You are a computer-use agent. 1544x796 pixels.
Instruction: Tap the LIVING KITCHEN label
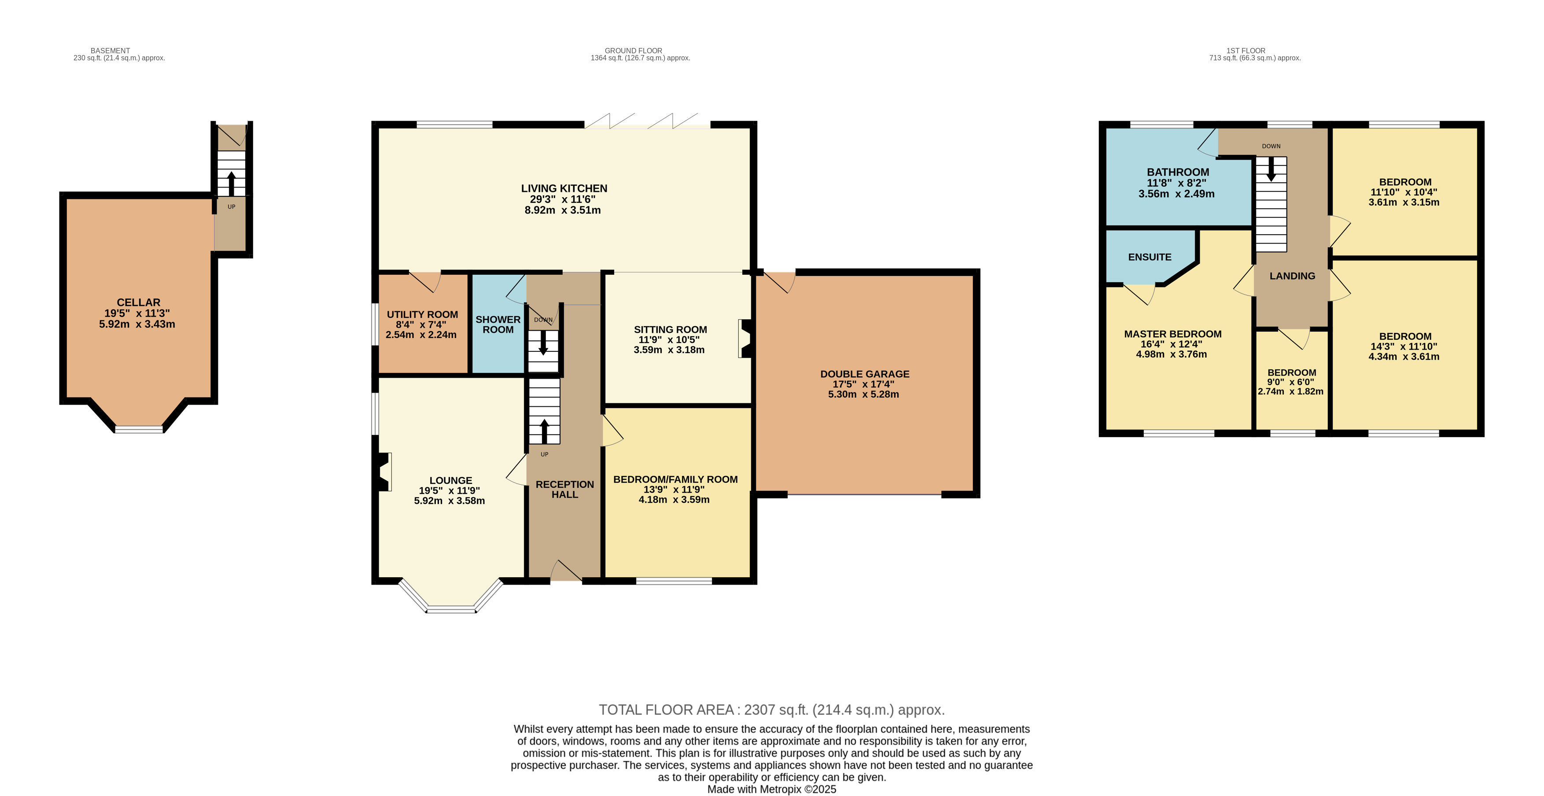click(564, 188)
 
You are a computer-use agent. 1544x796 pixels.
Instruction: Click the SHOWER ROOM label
click(498, 324)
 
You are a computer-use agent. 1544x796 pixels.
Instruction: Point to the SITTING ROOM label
click(670, 329)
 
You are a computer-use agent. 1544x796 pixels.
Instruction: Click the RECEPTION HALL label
click(564, 489)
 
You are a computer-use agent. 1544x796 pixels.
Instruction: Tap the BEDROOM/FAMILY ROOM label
click(675, 479)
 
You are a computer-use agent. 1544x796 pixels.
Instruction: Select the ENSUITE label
click(1150, 257)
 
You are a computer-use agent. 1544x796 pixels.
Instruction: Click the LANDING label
click(1292, 276)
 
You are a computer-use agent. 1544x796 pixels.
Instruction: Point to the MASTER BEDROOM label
click(1172, 334)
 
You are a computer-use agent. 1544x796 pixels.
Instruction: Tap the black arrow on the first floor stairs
click(1271, 170)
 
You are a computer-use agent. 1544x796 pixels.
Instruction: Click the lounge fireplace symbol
click(383, 471)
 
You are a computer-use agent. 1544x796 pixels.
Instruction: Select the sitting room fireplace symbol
click(745, 339)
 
